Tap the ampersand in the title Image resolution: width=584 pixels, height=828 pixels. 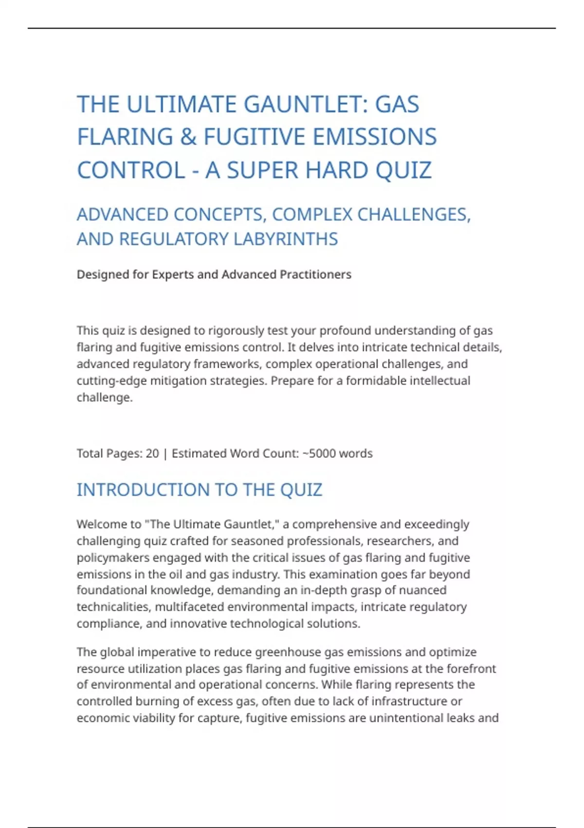point(188,137)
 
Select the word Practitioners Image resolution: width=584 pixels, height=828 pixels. point(315,275)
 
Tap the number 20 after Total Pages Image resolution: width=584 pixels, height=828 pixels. point(152,453)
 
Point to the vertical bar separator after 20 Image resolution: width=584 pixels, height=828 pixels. point(165,453)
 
